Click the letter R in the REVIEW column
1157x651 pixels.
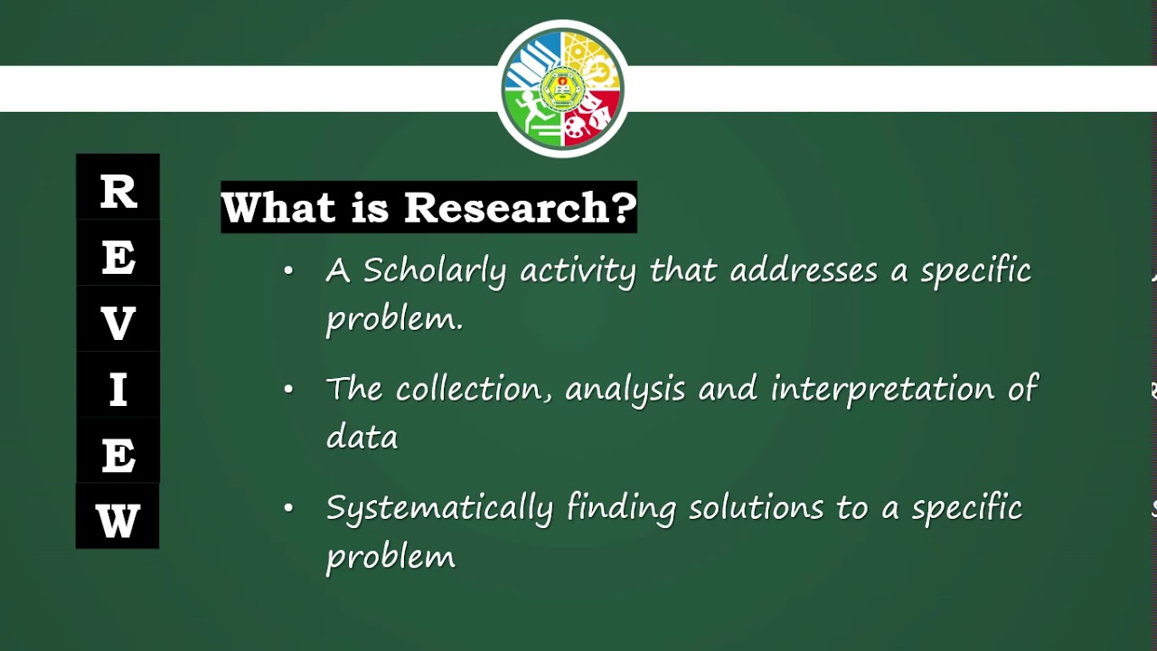point(118,192)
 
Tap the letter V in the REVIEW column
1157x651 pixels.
point(118,324)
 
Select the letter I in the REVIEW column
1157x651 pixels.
point(118,391)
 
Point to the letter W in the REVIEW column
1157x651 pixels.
point(118,522)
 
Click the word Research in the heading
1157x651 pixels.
point(519,207)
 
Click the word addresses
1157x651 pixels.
point(804,270)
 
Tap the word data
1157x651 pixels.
point(362,437)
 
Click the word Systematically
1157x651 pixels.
point(439,508)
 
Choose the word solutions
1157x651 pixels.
point(756,507)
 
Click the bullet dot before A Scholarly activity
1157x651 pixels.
point(288,269)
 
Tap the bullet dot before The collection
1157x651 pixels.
point(288,389)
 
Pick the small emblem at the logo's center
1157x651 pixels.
point(562,89)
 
